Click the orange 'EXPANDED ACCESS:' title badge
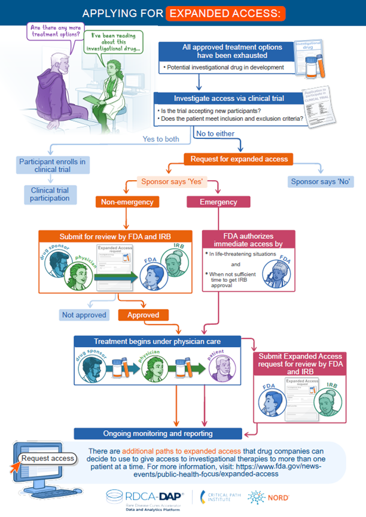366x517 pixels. tap(226, 13)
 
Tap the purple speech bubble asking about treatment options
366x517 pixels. tap(54, 32)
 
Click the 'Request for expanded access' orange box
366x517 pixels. tap(239, 159)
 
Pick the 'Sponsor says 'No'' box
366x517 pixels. tap(321, 181)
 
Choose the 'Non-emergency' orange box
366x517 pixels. tap(127, 202)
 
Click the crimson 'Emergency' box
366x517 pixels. tap(218, 202)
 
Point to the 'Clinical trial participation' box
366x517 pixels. tap(50, 193)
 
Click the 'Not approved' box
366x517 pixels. tap(84, 315)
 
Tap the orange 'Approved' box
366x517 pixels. tap(143, 315)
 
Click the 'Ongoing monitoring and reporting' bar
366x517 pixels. tap(158, 433)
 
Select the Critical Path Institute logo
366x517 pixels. tap(220, 496)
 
